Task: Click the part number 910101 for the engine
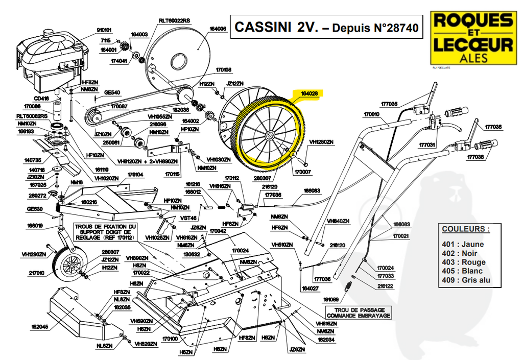(x=104, y=30)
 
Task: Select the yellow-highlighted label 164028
(x=310, y=93)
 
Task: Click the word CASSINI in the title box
(x=262, y=27)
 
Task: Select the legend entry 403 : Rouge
(x=463, y=262)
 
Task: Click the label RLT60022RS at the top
(x=174, y=20)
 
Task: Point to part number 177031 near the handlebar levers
(x=427, y=145)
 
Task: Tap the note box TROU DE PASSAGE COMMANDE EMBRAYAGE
(x=363, y=313)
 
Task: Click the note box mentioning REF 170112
(x=106, y=232)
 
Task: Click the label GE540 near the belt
(x=112, y=92)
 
